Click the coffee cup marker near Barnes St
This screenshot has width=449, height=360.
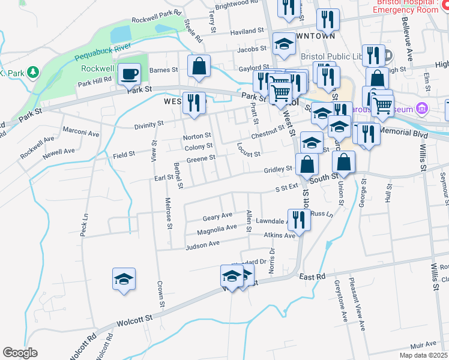pos(129,75)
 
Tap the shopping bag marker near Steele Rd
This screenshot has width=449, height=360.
pos(199,67)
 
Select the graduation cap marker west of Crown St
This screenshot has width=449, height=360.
pos(124,279)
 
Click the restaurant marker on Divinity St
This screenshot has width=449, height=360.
pos(194,103)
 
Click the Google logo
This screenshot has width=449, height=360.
pos(20,353)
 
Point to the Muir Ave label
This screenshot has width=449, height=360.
pos(423,344)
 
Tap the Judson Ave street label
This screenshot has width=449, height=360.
pos(202,244)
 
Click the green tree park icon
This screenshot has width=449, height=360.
pos(34,73)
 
